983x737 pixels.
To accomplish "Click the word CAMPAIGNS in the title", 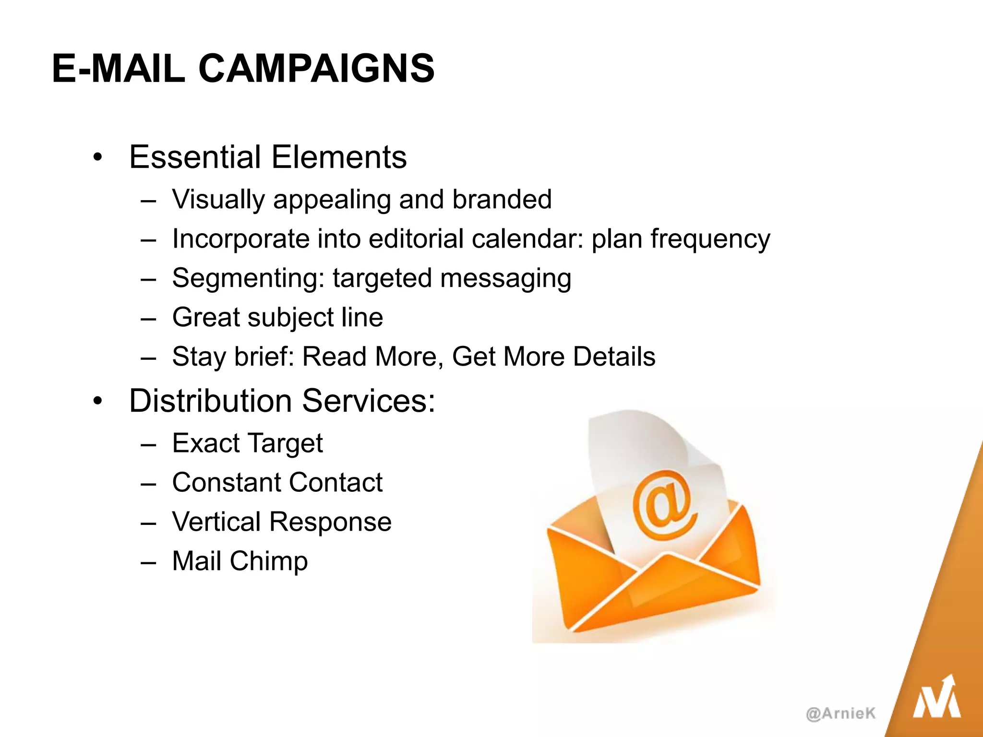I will point(316,69).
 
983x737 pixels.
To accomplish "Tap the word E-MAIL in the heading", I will point(118,69).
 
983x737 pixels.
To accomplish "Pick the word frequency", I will point(710,239).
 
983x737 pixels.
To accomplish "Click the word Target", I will point(286,443).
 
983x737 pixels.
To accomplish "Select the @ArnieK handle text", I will point(840,713).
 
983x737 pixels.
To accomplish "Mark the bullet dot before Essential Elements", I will point(98,157).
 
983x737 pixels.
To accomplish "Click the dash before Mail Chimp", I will point(148,561).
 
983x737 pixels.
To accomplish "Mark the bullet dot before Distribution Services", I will point(98,401).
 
